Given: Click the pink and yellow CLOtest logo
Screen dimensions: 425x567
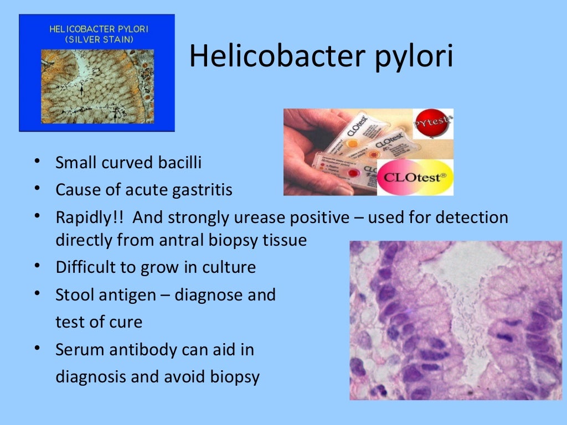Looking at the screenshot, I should click(415, 177).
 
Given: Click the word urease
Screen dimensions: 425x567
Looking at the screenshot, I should click(260, 217).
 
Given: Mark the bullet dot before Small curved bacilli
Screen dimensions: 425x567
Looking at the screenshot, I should click(37, 162).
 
